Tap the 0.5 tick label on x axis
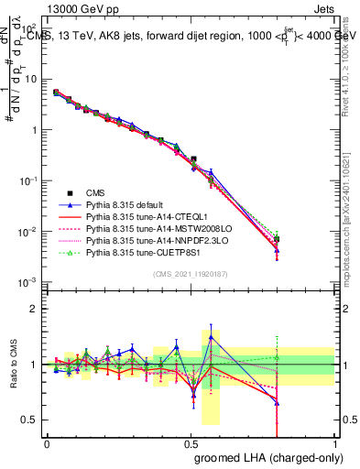click(x=191, y=442)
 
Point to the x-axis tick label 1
click(x=335, y=442)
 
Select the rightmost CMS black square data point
click(x=277, y=239)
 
